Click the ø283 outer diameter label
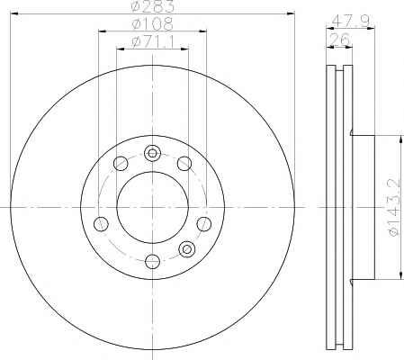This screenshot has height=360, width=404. pos(153,6)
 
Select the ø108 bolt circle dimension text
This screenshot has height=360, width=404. pos(152,24)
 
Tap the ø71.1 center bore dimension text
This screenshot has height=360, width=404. pos(153,42)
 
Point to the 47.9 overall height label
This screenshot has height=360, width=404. pos(350,21)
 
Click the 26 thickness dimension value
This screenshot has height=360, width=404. pos(340,39)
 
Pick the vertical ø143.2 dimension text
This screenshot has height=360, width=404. pos(395,207)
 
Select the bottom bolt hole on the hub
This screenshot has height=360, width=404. pos(152,261)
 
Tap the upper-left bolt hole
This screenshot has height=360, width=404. pos(121,164)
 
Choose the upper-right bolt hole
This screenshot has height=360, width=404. pos(184,164)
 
